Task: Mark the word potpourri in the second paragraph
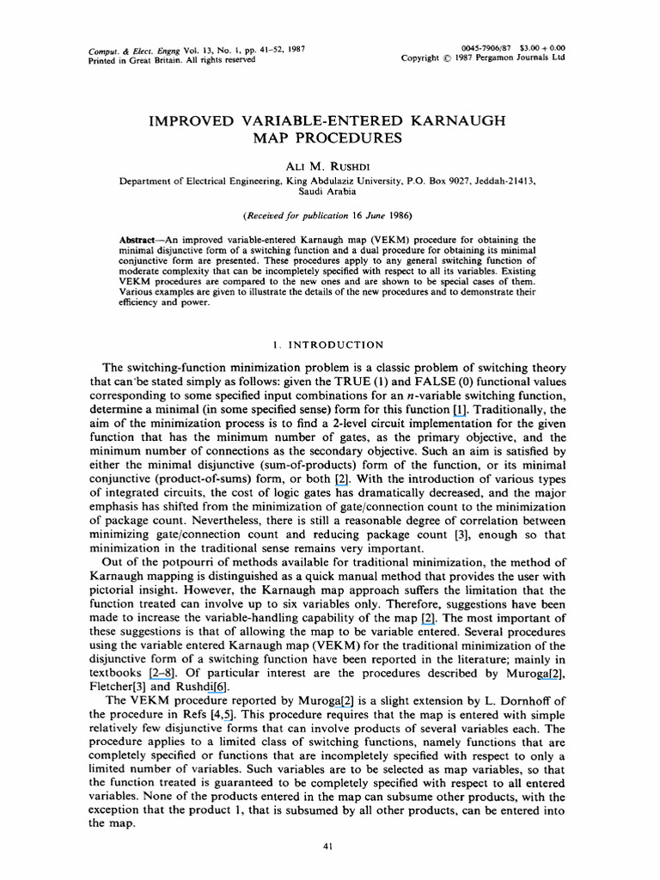(x=190, y=565)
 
